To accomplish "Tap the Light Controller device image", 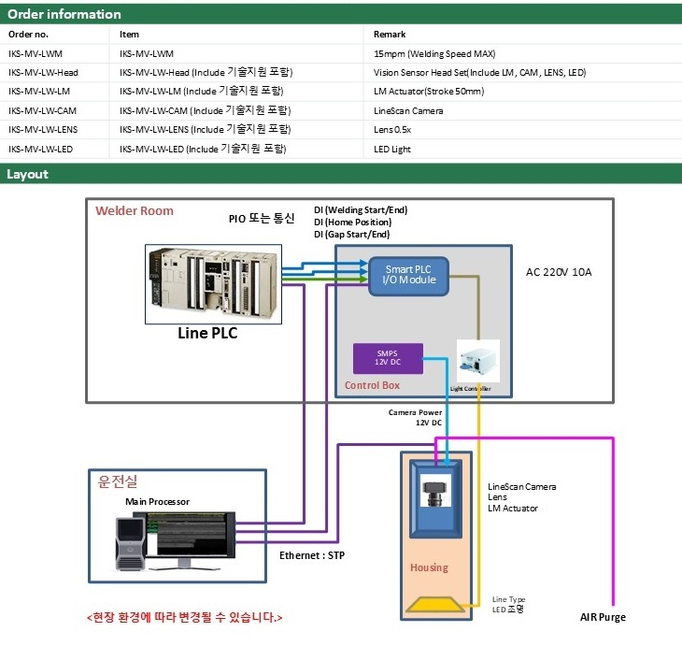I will point(477,359).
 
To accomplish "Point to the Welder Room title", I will point(135,211).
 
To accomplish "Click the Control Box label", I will point(372,385).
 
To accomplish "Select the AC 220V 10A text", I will point(560,272).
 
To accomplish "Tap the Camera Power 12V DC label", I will point(416,417).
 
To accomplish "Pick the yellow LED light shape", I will point(432,604).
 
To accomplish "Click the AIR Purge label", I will point(603,617).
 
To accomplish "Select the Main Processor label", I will point(157,502).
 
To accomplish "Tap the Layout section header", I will point(28,174).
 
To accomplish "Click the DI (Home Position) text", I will point(352,223).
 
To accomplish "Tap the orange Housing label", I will point(429,567).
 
